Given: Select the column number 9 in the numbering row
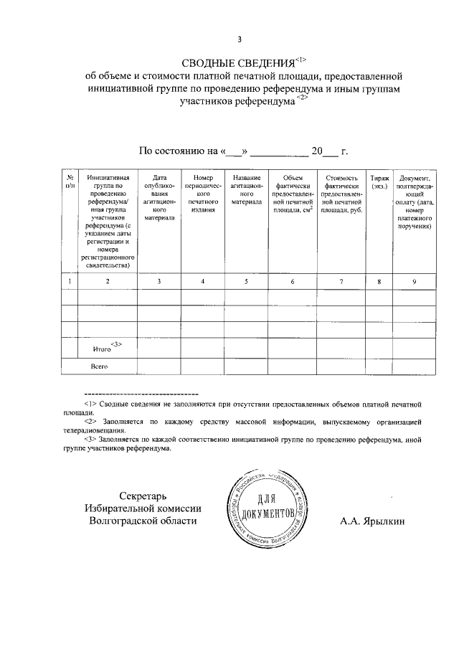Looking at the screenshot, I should point(415,282).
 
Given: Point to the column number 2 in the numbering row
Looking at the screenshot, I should point(108,282).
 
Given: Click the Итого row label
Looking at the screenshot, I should point(104,349).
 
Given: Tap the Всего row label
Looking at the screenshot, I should point(98,366).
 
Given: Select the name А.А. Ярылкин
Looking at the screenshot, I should point(372,521).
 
